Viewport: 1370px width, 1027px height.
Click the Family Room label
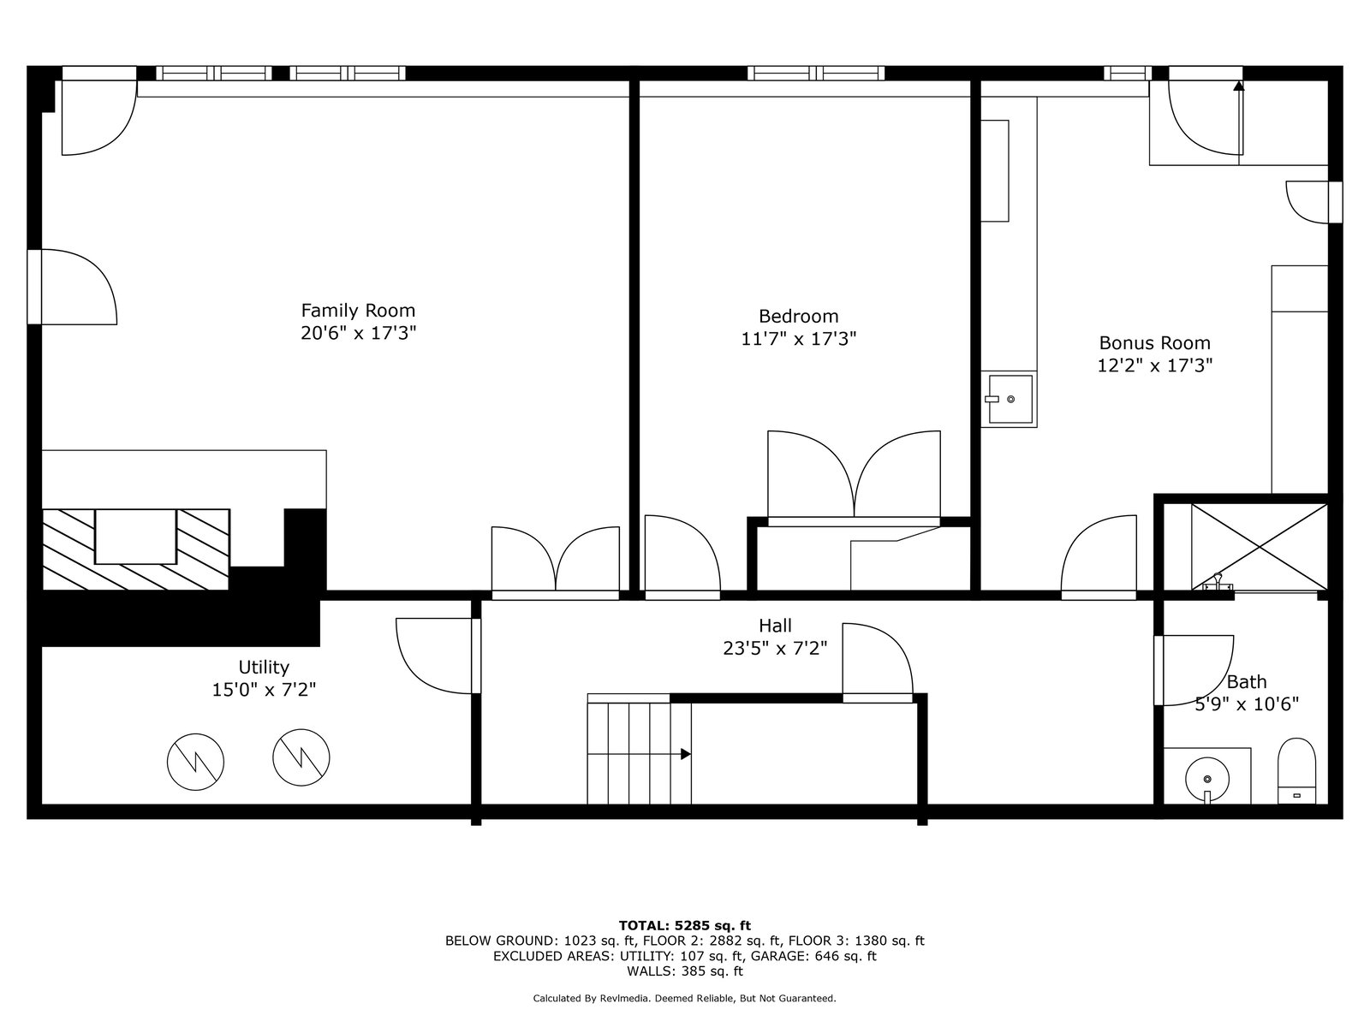[358, 311]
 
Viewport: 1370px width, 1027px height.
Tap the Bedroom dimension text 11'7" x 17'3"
[798, 339]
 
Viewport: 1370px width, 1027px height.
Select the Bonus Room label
[1154, 343]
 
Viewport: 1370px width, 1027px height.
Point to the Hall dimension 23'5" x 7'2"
[775, 649]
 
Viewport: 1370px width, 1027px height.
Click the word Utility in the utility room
[264, 668]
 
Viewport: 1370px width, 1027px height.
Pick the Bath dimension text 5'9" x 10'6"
[1247, 704]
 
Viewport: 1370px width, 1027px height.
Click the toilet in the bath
[1296, 771]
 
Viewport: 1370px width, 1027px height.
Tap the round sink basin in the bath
[1207, 780]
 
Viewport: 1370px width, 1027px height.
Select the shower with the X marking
[1259, 547]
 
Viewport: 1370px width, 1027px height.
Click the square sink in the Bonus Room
[1010, 399]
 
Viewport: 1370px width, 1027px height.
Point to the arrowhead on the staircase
[685, 754]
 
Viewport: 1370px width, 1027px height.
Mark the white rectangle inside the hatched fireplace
[135, 537]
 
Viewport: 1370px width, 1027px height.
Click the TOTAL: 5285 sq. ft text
[685, 925]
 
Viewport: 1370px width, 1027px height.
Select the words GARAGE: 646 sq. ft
[813, 956]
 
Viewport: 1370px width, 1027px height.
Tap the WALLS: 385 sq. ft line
[685, 971]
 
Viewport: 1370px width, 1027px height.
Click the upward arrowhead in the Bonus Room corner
[1239, 86]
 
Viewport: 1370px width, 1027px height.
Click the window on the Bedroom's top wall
[816, 74]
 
